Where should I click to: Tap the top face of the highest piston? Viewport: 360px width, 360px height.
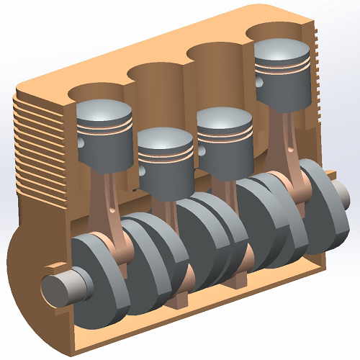[x=283, y=48]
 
